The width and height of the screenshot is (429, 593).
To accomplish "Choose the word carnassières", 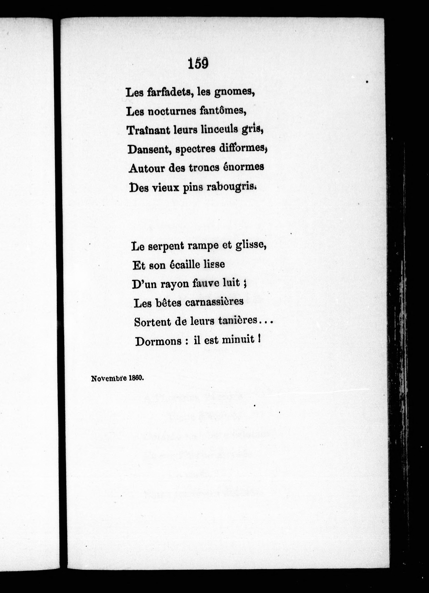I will tap(214, 302).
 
